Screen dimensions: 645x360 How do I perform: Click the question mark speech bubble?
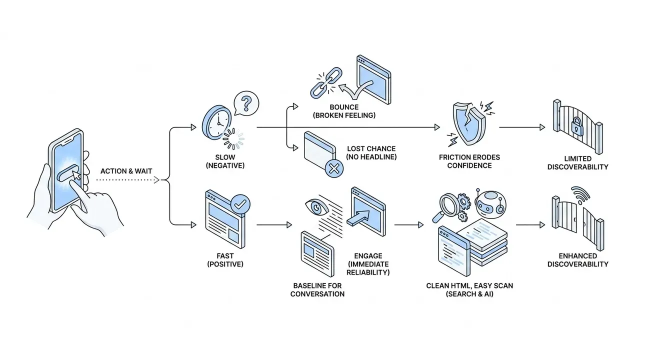coord(246,103)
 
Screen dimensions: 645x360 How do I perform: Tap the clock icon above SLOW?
coord(217,122)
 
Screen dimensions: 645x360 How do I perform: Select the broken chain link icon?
coord(326,82)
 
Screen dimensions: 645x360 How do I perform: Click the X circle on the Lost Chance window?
coord(334,168)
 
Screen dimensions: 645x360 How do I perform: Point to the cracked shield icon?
coord(469,124)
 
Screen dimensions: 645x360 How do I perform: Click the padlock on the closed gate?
coord(577,126)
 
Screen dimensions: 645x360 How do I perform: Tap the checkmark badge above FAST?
coord(240,204)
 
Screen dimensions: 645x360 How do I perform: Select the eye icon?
coord(316,207)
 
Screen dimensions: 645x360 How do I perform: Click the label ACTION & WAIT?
coord(126,171)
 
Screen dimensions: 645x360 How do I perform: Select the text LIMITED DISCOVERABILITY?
coord(577,162)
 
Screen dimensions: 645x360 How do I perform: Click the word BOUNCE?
coord(344,107)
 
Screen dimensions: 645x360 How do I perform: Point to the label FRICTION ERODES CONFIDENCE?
coord(469,161)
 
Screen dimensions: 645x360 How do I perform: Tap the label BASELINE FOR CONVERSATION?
coord(317,289)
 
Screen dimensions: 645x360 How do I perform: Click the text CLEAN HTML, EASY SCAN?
coord(469,285)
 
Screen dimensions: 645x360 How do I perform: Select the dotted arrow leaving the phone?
coord(127,180)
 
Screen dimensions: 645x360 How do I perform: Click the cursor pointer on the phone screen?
coord(76,175)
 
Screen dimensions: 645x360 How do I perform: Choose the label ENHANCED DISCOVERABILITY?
coord(577,260)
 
